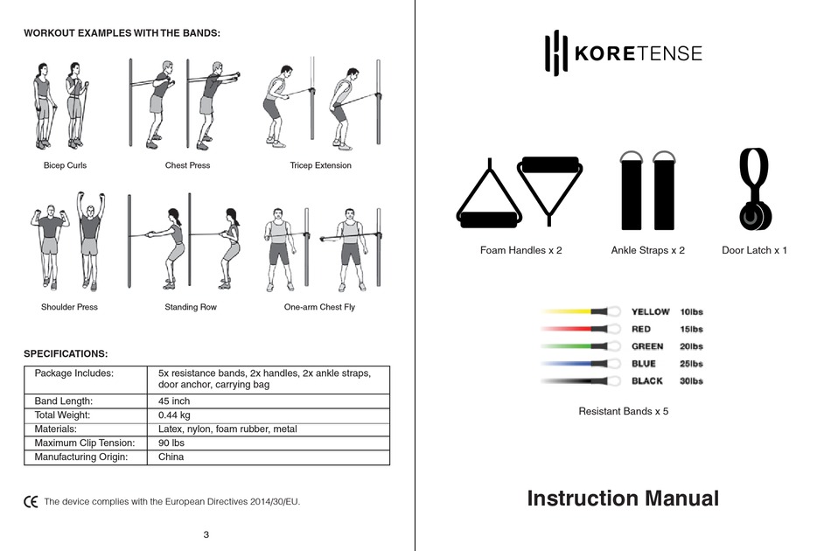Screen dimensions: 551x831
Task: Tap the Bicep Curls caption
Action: click(x=65, y=165)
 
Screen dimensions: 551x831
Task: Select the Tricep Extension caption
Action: click(x=320, y=165)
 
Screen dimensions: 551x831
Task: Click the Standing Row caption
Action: click(x=191, y=307)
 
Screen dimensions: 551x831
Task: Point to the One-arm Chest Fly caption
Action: click(x=319, y=307)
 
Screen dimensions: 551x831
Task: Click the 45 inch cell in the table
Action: click(x=174, y=401)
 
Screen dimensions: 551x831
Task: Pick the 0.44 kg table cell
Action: click(x=174, y=415)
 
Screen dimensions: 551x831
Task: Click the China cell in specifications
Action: click(x=171, y=457)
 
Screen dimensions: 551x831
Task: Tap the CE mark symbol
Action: click(x=31, y=502)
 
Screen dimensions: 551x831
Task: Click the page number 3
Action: click(x=206, y=534)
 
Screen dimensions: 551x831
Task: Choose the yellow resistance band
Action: click(x=573, y=311)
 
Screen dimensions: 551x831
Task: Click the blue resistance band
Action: click(x=573, y=364)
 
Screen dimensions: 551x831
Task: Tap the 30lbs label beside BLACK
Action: click(x=691, y=381)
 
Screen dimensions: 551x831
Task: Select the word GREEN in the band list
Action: click(x=647, y=346)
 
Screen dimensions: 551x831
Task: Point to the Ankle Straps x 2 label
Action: click(x=647, y=250)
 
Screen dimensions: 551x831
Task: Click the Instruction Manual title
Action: click(x=623, y=499)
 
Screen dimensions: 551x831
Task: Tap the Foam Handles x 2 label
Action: click(x=520, y=250)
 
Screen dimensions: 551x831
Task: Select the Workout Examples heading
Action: click(x=122, y=32)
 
